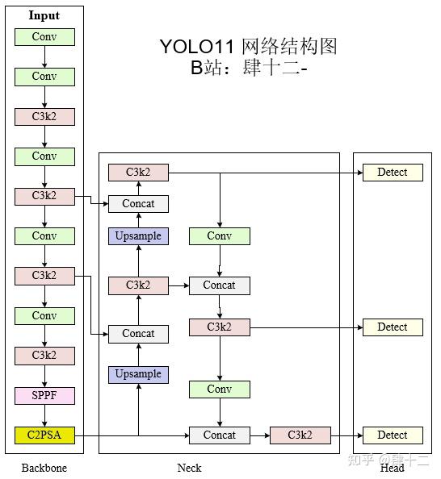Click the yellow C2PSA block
click(44, 435)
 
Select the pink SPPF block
click(44, 396)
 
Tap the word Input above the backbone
click(44, 15)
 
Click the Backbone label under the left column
click(44, 468)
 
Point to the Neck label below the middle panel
click(190, 468)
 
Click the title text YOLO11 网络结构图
click(248, 46)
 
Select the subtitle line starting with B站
click(248, 68)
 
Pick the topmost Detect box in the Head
click(393, 172)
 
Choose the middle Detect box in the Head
click(393, 327)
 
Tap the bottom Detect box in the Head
click(393, 435)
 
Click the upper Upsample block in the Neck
click(138, 236)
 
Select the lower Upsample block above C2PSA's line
click(138, 374)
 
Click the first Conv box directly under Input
click(44, 37)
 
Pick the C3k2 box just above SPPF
click(44, 356)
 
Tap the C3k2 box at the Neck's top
click(138, 172)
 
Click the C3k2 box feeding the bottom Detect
click(300, 435)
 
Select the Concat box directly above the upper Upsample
click(138, 204)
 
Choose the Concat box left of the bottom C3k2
click(219, 435)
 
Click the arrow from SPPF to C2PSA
click(44, 415)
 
